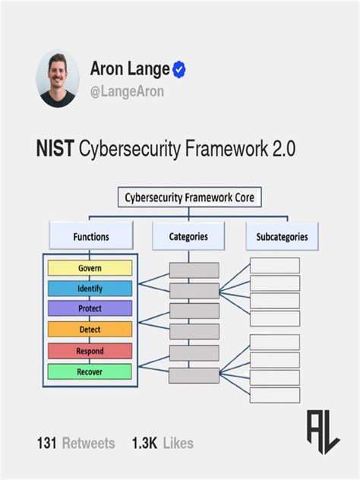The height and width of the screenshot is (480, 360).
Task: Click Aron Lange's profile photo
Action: pos(58,79)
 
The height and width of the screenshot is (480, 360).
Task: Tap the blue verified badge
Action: pos(180,70)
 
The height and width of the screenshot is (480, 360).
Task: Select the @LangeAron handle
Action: pos(127,92)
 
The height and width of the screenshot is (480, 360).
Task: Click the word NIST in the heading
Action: pos(55,149)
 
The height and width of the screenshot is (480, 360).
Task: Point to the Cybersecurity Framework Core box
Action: pos(190,198)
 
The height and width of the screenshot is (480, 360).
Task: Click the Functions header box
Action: pos(91,236)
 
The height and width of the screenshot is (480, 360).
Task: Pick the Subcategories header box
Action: pos(282,236)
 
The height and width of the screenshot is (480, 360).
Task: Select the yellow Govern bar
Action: pos(90,268)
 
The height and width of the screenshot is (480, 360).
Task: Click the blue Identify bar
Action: pos(90,289)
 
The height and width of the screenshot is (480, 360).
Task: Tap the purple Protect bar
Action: pos(90,309)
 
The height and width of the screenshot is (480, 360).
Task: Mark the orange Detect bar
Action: pos(90,330)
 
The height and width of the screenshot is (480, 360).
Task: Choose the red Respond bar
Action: pos(90,351)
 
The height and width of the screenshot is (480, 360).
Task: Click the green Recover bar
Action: pos(90,371)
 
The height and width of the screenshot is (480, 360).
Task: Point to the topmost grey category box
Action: pos(194,270)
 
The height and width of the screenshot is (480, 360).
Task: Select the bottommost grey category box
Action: pos(194,375)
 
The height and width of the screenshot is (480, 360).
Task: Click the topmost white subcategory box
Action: pos(275,266)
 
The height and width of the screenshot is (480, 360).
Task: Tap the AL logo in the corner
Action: pos(323,431)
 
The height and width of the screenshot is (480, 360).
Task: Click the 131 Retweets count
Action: pos(75,443)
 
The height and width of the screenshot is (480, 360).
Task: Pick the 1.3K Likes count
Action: pos(163,443)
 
